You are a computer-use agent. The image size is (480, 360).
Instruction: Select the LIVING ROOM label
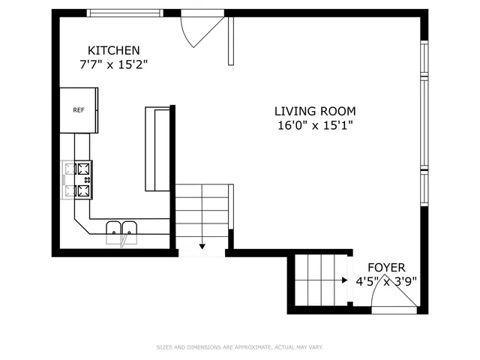pos(314,111)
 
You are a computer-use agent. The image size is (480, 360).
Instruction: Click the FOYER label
pos(385,267)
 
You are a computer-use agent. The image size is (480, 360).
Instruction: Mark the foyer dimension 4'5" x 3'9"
pos(385,283)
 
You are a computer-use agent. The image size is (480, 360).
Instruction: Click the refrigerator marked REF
pos(79,110)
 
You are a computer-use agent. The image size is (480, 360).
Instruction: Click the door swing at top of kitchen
pos(201,30)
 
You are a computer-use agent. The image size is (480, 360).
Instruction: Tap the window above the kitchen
pos(124,13)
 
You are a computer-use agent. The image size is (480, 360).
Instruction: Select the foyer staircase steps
pos(321,280)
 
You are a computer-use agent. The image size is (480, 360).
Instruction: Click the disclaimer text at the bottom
pos(239,347)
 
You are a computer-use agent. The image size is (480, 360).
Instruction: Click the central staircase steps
pos(202,214)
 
